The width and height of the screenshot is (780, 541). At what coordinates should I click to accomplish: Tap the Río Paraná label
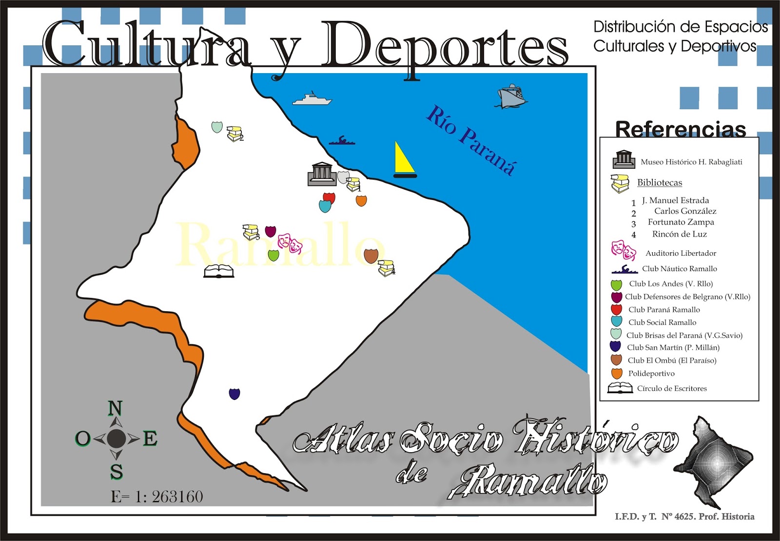pos(471,141)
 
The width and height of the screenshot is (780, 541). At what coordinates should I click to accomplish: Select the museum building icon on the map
pos(321,174)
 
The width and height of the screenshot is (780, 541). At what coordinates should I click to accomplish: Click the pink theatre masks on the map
pos(290,242)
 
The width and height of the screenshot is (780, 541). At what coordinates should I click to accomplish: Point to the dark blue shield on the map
pos(234,393)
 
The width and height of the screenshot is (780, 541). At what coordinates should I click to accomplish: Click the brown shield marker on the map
pos(371,255)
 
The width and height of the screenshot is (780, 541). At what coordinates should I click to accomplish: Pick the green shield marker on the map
pos(273,255)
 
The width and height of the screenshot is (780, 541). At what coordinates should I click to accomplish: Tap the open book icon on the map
pos(218,271)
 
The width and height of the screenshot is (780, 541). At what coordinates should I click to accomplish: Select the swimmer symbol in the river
pos(342,141)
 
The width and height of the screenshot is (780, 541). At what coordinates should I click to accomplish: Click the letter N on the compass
pos(115,408)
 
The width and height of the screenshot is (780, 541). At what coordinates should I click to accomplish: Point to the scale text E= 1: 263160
pos(157,497)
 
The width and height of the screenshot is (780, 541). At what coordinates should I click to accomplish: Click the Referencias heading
pos(681,130)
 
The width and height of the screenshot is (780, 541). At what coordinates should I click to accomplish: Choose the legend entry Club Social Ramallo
pos(662,322)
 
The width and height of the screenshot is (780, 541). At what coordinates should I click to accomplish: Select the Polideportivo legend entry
pos(651,374)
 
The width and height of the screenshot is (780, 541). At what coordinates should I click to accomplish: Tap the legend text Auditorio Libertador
pos(681,253)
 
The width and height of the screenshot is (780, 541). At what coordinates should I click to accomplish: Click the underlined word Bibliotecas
pos(660,182)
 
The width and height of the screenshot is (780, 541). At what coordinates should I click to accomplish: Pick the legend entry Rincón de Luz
pos(679,234)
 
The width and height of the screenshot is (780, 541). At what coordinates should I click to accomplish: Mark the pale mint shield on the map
pos(217,127)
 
